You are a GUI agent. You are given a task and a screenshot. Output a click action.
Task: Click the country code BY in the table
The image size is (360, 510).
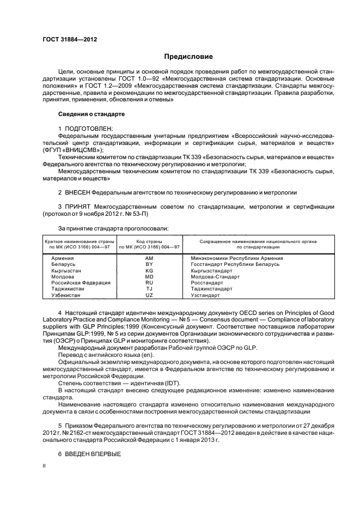click(149, 264)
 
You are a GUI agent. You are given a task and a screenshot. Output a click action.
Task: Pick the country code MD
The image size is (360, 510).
click(149, 276)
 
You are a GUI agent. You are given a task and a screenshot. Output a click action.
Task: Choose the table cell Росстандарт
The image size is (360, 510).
click(207, 283)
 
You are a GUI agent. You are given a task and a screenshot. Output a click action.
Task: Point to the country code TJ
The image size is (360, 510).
click(149, 289)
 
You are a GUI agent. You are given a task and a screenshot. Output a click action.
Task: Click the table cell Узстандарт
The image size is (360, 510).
click(205, 295)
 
